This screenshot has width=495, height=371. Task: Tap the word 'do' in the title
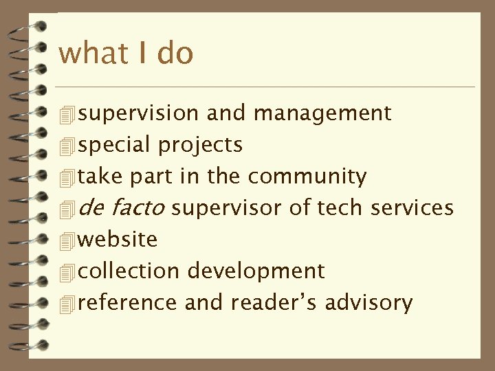coord(175,54)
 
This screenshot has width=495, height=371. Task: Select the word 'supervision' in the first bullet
coord(138,113)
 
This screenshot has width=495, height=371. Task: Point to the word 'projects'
coord(200,146)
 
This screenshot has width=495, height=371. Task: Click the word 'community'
coord(307,177)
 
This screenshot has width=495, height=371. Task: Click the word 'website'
coord(118,239)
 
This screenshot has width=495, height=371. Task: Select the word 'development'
coord(255,271)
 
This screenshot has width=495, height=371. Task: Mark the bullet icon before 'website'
coord(66,240)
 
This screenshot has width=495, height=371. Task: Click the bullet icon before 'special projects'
coord(66,146)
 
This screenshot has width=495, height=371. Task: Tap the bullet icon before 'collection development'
coord(66,272)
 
